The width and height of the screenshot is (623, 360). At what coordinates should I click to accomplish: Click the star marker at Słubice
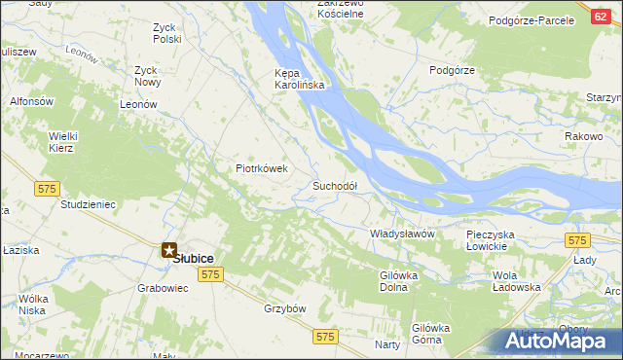pyautogui.click(x=169, y=250)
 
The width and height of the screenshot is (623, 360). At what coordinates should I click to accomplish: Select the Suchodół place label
pyautogui.click(x=335, y=185)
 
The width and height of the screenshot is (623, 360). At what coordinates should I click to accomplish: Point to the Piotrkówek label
pyautogui.click(x=262, y=168)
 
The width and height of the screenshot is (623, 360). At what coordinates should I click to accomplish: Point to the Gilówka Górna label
pyautogui.click(x=432, y=335)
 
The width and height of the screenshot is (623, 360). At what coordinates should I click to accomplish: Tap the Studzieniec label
pyautogui.click(x=89, y=205)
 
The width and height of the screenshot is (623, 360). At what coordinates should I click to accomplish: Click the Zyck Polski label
pyautogui.click(x=166, y=32)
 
